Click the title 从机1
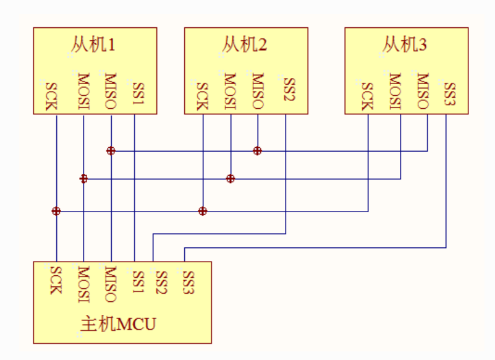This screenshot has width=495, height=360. (x=94, y=45)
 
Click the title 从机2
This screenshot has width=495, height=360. (x=245, y=45)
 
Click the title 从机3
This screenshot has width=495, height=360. (x=405, y=45)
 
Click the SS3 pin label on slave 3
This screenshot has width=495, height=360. (x=449, y=93)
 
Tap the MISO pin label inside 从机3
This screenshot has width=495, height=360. (x=422, y=91)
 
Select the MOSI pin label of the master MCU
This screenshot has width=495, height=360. (x=83, y=283)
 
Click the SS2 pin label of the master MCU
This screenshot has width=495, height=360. (x=161, y=282)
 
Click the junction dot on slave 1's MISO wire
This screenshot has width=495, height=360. (x=111, y=150)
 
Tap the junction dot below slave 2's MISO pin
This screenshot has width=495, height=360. (x=257, y=150)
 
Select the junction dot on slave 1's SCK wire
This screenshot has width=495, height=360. (x=56, y=211)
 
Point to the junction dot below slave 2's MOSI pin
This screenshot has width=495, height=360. (x=230, y=179)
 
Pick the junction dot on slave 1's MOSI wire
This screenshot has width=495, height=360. (x=83, y=179)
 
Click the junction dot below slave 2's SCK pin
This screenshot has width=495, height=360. (x=202, y=211)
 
